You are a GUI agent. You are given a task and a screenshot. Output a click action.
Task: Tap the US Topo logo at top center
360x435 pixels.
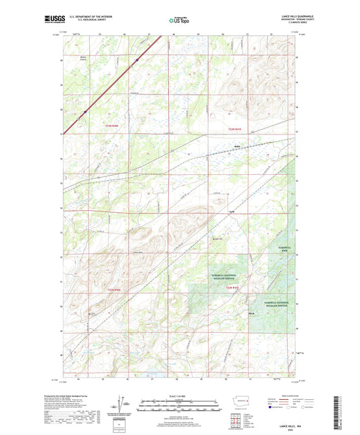coord(178,21)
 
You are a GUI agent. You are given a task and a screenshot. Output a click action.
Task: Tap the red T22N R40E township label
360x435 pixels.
coord(117,290)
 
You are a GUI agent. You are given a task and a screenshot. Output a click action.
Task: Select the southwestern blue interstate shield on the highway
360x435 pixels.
coord(84,111)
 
